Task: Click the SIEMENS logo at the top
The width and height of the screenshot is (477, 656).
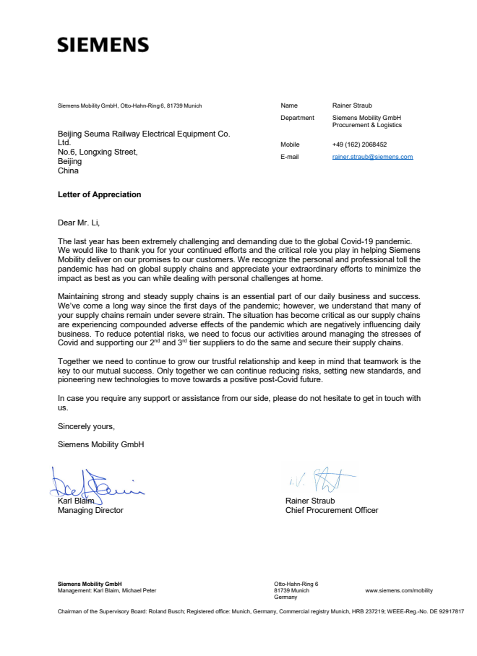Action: coord(103,45)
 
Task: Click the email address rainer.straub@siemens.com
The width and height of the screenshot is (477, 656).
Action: coord(372,157)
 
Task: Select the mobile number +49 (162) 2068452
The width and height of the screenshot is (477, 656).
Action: coord(359,144)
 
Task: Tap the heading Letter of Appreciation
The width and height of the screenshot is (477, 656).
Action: coord(100,194)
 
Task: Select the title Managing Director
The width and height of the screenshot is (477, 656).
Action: coord(90,510)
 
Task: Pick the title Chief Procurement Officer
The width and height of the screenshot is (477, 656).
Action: coord(332,510)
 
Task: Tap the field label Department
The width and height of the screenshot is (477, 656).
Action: coord(297,118)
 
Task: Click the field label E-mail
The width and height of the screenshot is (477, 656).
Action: coord(291,157)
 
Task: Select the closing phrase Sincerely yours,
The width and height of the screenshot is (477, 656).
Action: coord(86,426)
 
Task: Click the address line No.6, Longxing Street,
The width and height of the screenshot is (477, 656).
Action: coord(98,152)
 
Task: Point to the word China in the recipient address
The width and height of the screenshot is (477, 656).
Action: coord(68,171)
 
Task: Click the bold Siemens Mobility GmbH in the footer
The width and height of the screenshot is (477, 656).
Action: coord(90,584)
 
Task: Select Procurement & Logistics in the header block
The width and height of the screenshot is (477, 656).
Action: coord(367,125)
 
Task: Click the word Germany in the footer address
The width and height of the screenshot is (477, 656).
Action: coord(286,597)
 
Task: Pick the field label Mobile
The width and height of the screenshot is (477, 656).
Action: coord(290,144)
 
